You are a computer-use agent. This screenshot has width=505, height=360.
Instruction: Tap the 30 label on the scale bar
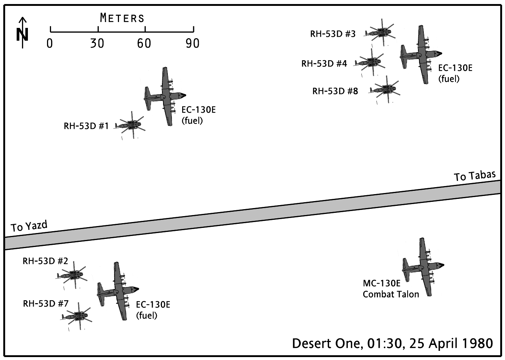[x=97, y=44]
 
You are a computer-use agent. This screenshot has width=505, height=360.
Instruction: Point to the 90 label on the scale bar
[x=192, y=44]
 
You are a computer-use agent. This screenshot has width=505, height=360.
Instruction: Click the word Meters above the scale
[x=122, y=18]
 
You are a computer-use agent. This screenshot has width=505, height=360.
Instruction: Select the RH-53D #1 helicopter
[x=130, y=126]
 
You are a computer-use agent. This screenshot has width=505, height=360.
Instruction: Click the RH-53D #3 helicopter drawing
[x=380, y=33]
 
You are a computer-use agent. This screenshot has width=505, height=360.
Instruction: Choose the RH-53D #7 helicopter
[x=77, y=316]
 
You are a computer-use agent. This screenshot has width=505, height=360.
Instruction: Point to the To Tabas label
[x=475, y=176]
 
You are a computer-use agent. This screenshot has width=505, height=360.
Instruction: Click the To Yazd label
[x=29, y=226]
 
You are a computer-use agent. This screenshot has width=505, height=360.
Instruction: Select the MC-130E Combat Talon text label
[x=390, y=289]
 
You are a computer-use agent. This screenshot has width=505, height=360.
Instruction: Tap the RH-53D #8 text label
[x=335, y=91]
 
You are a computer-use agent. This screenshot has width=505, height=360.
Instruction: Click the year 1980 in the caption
[x=477, y=343]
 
